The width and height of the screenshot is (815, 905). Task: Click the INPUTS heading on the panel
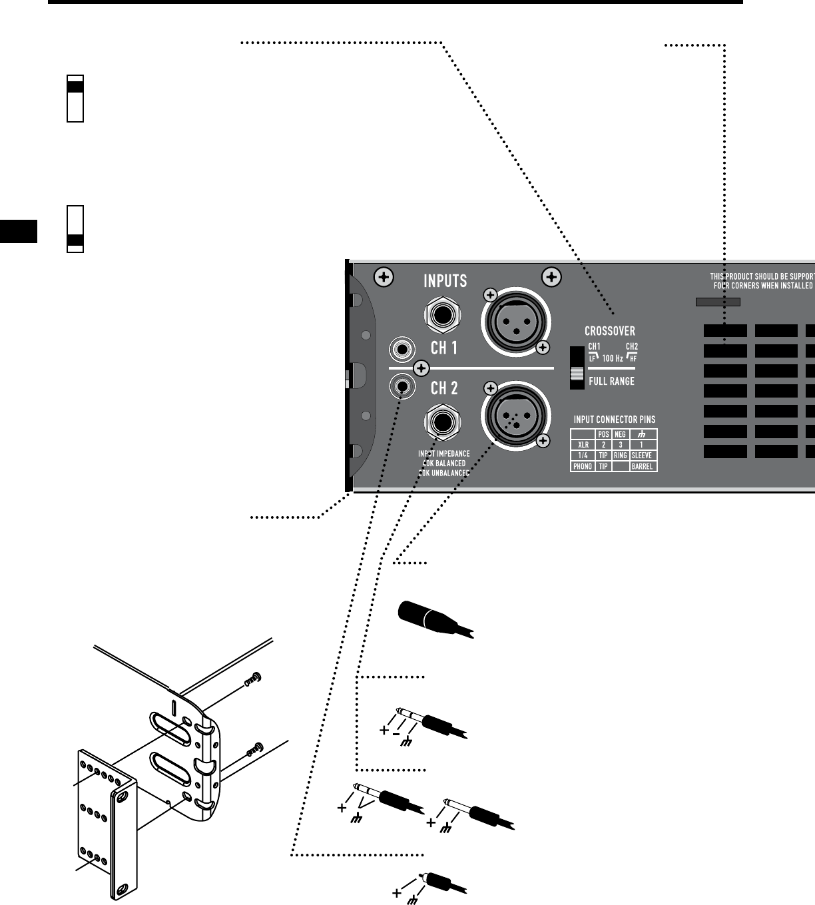point(445,280)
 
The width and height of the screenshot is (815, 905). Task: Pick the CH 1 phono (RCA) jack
point(402,348)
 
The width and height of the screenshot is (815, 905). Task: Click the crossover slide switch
point(575,368)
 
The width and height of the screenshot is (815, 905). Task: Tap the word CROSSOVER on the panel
point(609,331)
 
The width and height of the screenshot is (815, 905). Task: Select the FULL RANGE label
point(611,382)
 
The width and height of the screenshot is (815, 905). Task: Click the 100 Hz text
point(613,358)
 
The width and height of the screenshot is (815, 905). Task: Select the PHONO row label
point(583,467)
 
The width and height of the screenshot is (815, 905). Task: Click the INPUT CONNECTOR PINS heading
point(615,420)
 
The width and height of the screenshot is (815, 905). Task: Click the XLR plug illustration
point(433,617)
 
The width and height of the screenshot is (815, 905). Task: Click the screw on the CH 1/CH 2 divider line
point(421,368)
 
